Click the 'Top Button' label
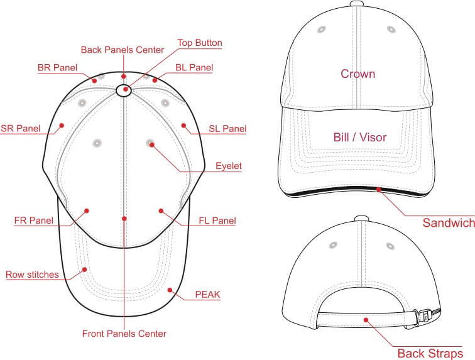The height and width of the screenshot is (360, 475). pos(200,43)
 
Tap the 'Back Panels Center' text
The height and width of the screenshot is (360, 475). pos(123,50)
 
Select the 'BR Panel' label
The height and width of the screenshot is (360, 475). pos(58,67)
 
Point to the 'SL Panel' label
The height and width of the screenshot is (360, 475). pos(227,129)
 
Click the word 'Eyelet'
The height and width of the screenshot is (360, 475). pos(229,166)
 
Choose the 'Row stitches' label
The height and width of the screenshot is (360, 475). pos(32,275)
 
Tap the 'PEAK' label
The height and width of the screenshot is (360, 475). pos(207,294)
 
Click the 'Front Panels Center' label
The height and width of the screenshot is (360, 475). pos(124,334)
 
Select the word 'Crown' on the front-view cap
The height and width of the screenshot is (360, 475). pos(358,74)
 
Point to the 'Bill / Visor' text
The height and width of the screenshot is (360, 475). pos(360,137)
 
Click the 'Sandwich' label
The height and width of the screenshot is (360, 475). pos(449,223)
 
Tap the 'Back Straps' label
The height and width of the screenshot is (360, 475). pos(430,353)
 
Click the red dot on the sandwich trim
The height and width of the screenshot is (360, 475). pos(378,189)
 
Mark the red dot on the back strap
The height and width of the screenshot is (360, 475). pos(366,320)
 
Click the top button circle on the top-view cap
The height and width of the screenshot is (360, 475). pos(124,90)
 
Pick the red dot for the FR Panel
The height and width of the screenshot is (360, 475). pos(87,210)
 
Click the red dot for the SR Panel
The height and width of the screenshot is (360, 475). pos(62,125)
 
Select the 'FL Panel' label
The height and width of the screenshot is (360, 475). pos(217,221)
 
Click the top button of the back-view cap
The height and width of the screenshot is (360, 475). pos(361,219)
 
